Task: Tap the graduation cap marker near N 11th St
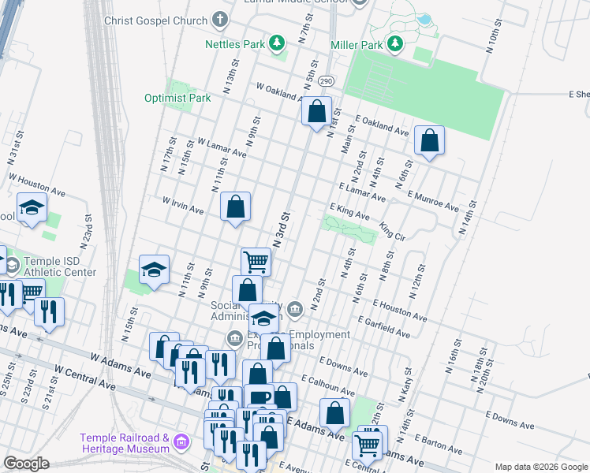pos(155,270)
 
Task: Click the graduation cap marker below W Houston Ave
pos(32,208)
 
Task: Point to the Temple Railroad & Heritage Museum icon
pos(183,442)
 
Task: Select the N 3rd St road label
pos(281,225)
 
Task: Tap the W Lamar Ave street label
pos(222,149)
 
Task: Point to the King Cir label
pos(392,230)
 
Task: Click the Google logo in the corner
pos(27,463)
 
